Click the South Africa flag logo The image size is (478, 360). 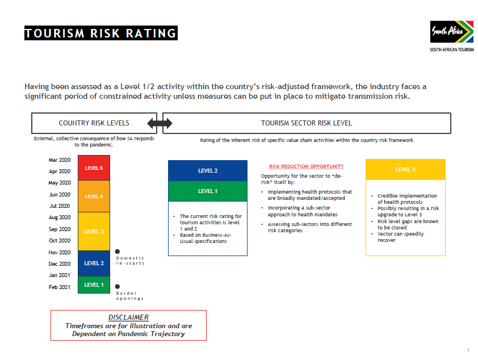452,32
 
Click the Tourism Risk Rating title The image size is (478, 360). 101,34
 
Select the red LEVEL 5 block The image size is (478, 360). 94,168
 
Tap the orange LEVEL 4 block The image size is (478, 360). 94,196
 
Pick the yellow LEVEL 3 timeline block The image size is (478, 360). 94,231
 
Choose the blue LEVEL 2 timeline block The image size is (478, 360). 94,263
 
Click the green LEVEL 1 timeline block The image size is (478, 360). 94,284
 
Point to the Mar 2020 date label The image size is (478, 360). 60,160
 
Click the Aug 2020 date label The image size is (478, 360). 60,217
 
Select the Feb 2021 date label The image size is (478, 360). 60,287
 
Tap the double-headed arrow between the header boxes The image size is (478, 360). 160,123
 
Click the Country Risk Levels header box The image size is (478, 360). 94,123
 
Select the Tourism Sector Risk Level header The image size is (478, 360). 307,123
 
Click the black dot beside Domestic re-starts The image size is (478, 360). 118,252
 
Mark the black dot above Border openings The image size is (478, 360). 118,287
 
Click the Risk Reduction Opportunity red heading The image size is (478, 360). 306,166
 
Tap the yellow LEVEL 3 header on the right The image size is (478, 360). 405,170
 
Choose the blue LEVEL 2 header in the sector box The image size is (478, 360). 208,170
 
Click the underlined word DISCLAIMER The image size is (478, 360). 128,317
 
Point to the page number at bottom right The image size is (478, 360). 467,349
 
